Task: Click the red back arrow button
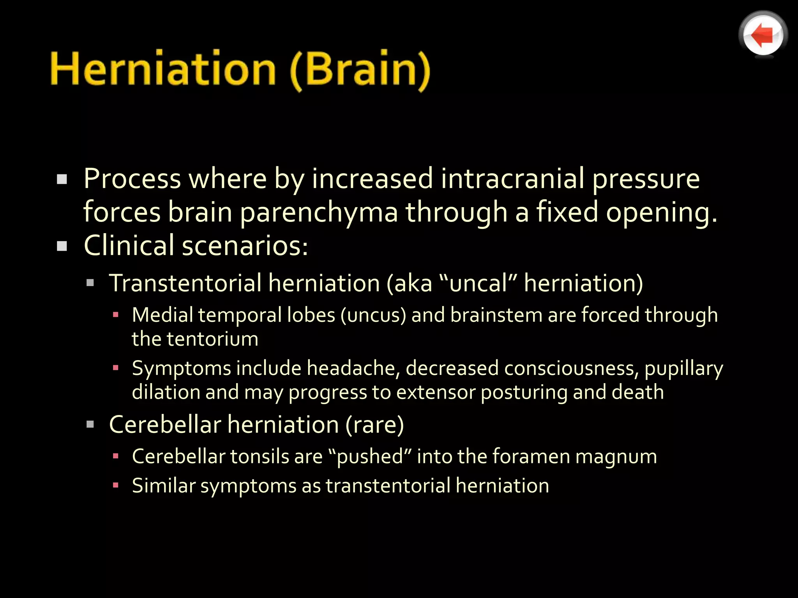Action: [763, 35]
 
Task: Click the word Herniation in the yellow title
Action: [163, 69]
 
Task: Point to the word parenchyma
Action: [319, 213]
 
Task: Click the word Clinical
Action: [129, 246]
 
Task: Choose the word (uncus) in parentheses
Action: [373, 315]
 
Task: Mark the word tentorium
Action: [212, 339]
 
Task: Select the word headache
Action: [353, 368]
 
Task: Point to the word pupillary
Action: [684, 369]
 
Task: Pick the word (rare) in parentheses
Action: [375, 424]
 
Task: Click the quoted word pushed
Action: [370, 457]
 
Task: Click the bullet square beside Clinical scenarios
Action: [62, 246]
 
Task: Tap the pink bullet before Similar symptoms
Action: [115, 485]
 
